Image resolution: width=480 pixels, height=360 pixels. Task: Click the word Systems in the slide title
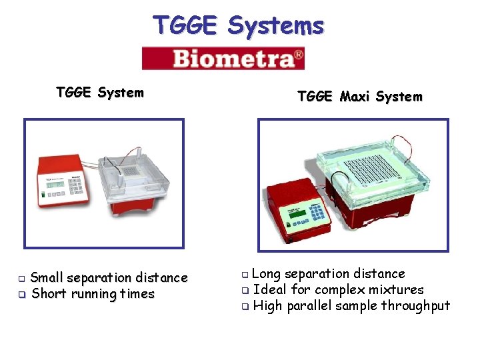(x=275, y=26)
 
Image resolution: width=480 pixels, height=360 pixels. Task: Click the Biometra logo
(x=223, y=58)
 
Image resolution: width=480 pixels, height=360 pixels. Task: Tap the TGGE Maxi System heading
(x=359, y=97)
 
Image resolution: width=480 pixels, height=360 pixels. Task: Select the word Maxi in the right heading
(x=355, y=97)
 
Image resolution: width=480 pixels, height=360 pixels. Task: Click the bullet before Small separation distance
(x=21, y=278)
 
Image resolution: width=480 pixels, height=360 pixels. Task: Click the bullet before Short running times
(x=21, y=294)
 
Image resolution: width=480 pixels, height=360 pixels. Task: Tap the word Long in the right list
(x=267, y=273)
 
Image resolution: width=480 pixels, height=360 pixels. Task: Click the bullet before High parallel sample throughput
(x=245, y=306)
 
